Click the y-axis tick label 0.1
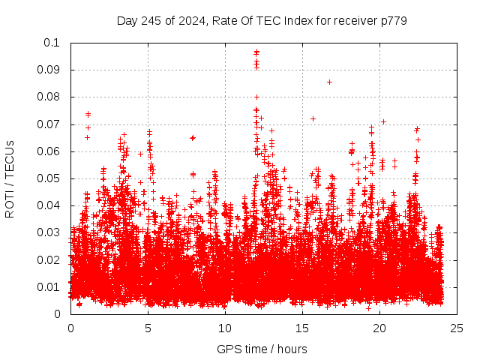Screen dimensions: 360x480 [55, 43]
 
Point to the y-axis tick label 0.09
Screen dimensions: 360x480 [52, 70]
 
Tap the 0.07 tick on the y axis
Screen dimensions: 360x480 [52, 124]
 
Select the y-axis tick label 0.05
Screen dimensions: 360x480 [52, 178]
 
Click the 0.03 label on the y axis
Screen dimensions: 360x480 [52, 232]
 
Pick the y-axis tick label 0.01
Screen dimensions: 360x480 [52, 287]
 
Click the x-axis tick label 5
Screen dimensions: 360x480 [148, 328]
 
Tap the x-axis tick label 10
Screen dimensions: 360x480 [226, 328]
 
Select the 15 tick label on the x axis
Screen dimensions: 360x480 [303, 328]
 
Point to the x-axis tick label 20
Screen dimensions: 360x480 [380, 328]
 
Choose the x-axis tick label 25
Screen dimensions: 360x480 [457, 328]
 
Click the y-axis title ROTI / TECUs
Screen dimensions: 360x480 [10, 178]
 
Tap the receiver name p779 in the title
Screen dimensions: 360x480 [392, 20]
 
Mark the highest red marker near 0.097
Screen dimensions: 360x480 [256, 52]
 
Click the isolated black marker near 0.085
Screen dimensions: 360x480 [329, 82]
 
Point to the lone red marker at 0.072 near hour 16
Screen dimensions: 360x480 [313, 118]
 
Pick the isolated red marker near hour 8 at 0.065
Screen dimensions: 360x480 [193, 138]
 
